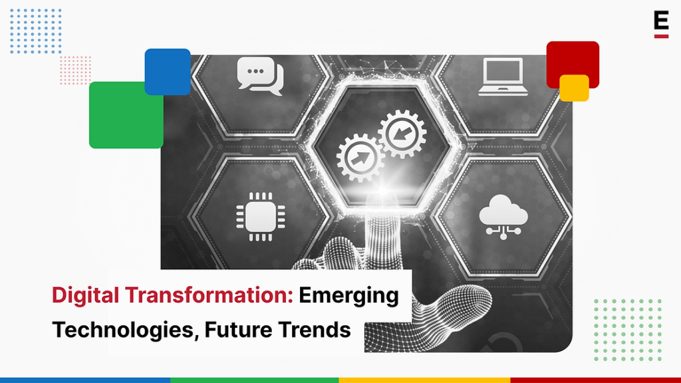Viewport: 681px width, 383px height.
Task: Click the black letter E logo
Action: click(x=660, y=22)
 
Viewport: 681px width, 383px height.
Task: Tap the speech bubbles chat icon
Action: click(x=260, y=75)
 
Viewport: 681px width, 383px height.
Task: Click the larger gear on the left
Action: click(x=360, y=157)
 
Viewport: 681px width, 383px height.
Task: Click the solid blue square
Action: click(x=168, y=71)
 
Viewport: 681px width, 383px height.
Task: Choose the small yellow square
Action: click(x=574, y=88)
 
